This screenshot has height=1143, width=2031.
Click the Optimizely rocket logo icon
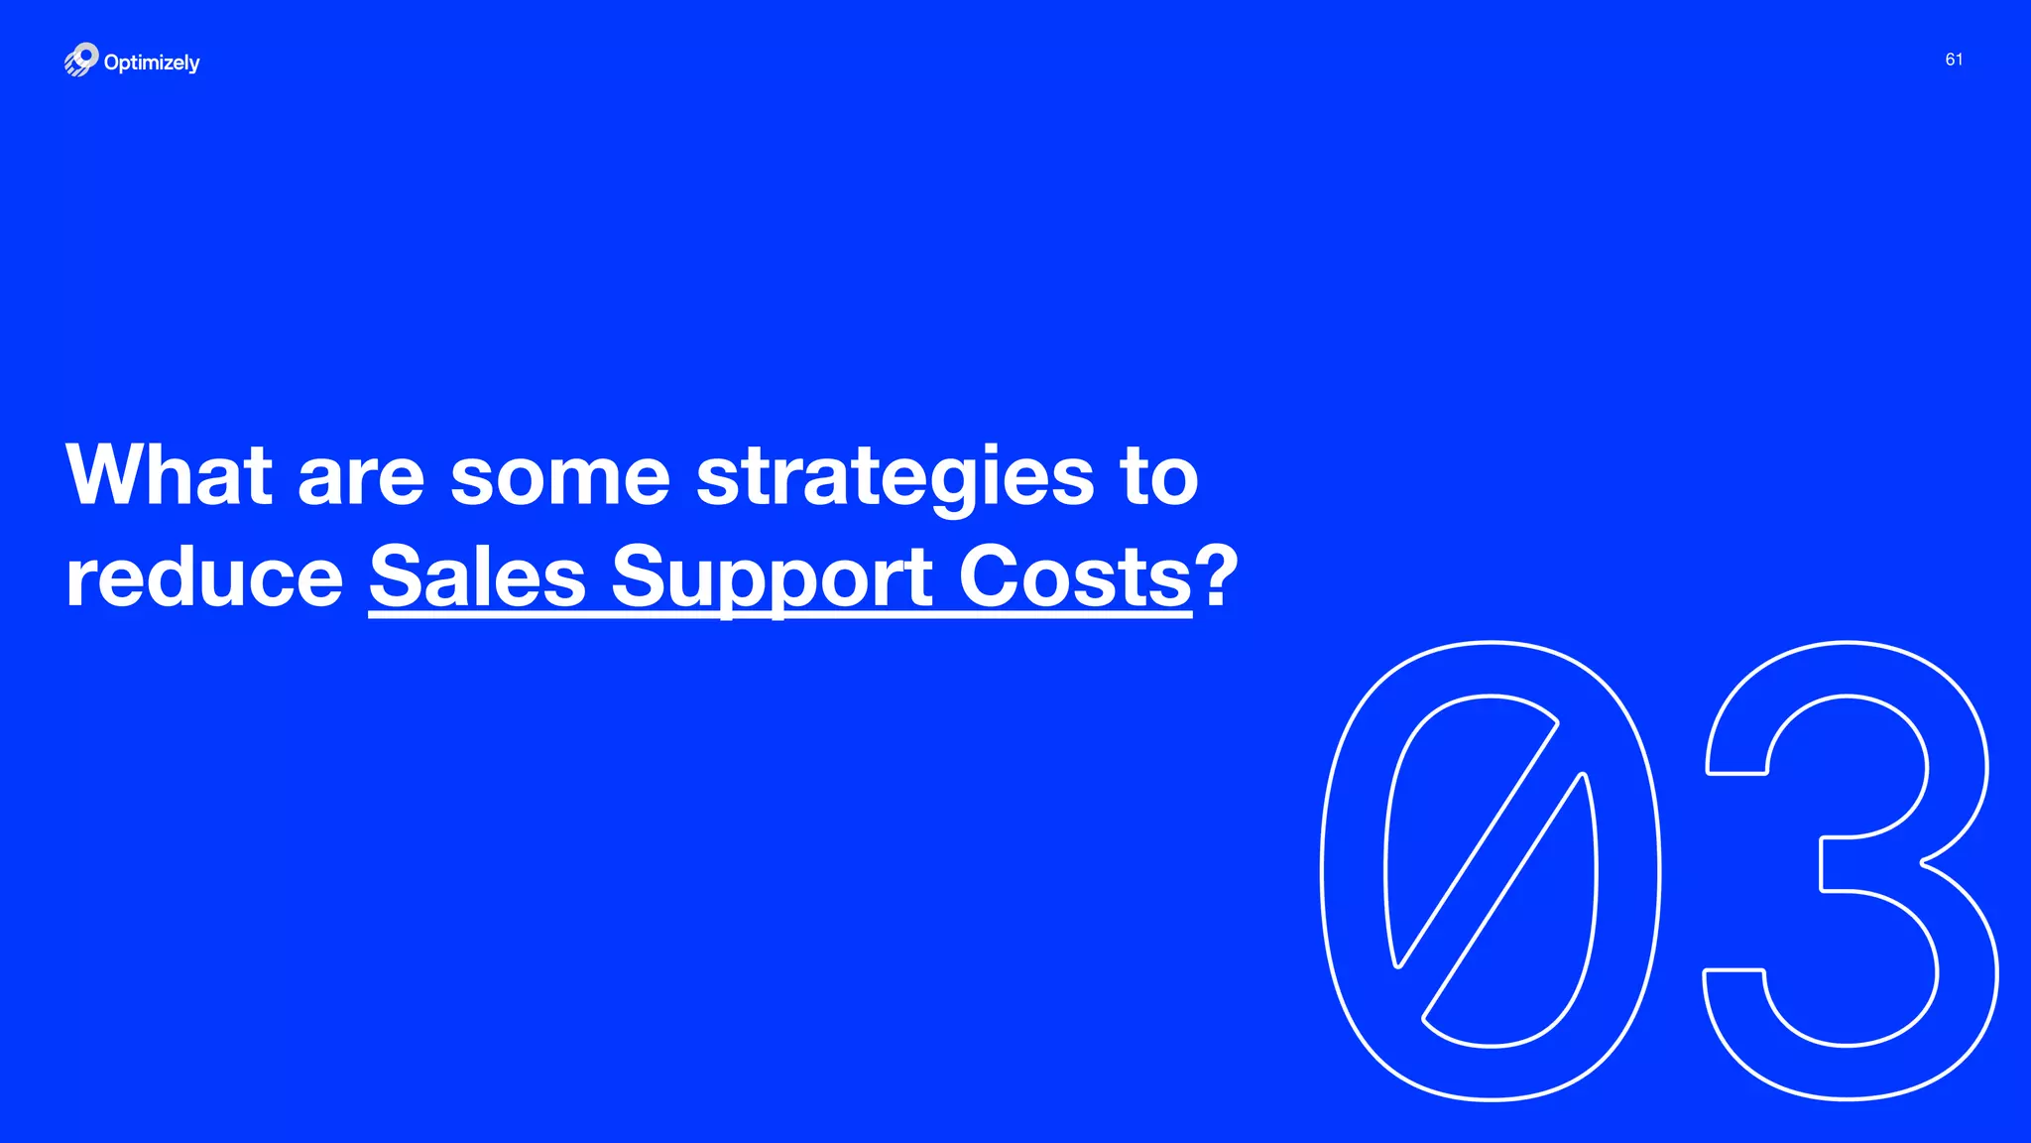click(x=81, y=60)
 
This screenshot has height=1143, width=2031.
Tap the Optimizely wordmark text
click(x=152, y=63)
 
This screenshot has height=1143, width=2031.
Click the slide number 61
click(x=1954, y=60)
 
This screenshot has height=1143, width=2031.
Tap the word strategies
click(x=896, y=478)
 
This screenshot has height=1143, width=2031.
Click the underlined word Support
click(x=772, y=578)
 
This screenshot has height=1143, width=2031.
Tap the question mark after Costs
click(x=1217, y=575)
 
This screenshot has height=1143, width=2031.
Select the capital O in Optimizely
click(x=113, y=63)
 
